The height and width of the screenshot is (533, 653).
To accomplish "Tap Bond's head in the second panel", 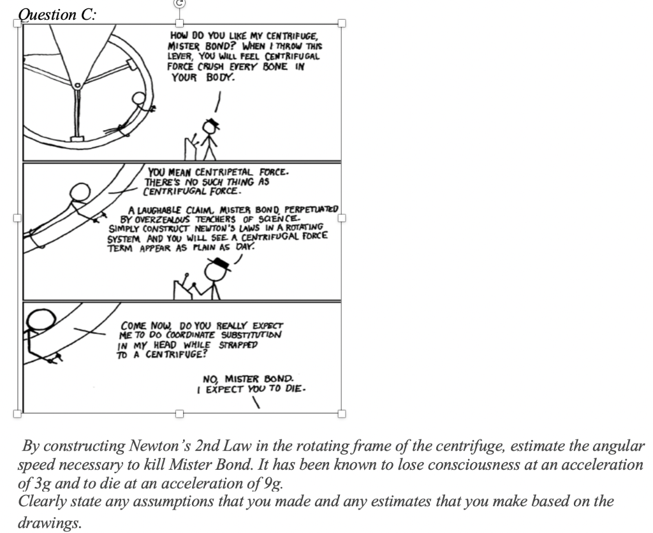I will (80, 191).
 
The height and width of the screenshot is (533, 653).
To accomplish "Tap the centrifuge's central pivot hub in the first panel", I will (78, 85).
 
